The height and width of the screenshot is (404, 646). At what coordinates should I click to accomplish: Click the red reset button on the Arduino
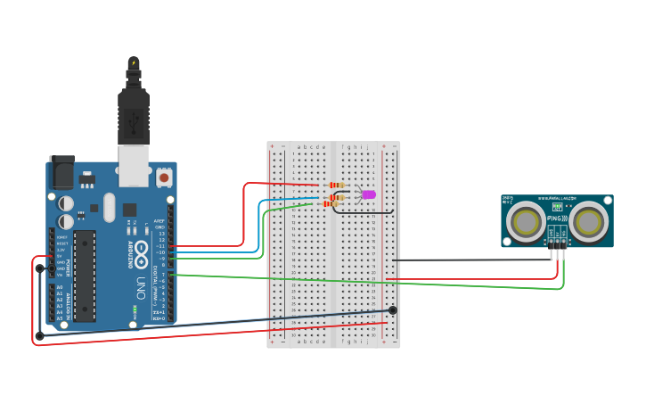164,178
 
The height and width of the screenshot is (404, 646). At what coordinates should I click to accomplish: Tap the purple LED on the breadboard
368,194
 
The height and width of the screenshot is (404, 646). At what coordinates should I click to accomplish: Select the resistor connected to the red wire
337,186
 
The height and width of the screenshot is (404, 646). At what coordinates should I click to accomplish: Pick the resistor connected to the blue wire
337,196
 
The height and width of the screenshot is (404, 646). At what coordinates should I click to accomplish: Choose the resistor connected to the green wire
331,203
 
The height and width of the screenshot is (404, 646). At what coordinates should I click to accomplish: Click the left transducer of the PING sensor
525,221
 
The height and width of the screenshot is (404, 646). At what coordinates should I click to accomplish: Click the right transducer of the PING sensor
588,221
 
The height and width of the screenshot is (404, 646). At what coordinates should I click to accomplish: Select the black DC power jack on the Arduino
62,171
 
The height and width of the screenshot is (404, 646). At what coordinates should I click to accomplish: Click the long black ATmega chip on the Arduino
84,276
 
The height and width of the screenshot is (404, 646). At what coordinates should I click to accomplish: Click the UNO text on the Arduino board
141,288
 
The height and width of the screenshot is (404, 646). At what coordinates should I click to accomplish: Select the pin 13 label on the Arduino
161,234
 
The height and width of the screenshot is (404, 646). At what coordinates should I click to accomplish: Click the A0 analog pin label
60,287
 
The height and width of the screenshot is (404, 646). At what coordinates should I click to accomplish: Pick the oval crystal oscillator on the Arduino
109,208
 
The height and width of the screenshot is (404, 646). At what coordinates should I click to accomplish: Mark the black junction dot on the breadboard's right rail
392,310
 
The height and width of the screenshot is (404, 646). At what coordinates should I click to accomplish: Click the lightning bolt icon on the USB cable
134,62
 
